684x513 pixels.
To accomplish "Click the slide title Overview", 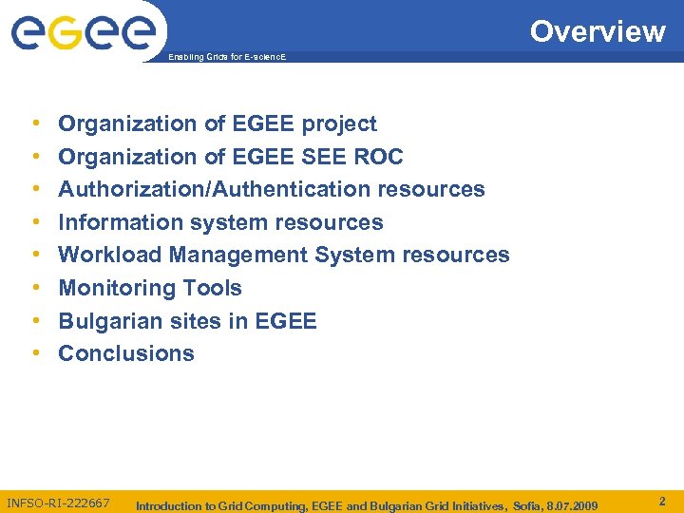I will click(598, 31).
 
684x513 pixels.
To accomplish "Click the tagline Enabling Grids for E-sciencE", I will click(226, 58).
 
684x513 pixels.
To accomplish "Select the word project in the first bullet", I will click(339, 124).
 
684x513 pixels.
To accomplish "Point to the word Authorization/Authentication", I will click(215, 189).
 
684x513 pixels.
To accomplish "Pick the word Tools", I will click(217, 288).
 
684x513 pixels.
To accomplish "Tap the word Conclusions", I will click(126, 353).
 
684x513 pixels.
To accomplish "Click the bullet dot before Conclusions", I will click(34, 353).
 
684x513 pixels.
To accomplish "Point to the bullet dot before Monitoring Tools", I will click(34, 288).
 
